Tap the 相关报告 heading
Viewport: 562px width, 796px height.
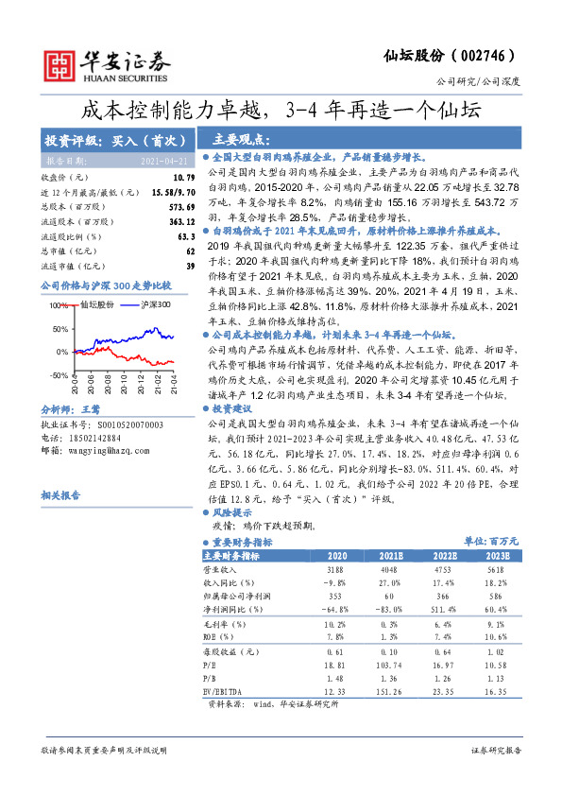(x=60, y=495)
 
